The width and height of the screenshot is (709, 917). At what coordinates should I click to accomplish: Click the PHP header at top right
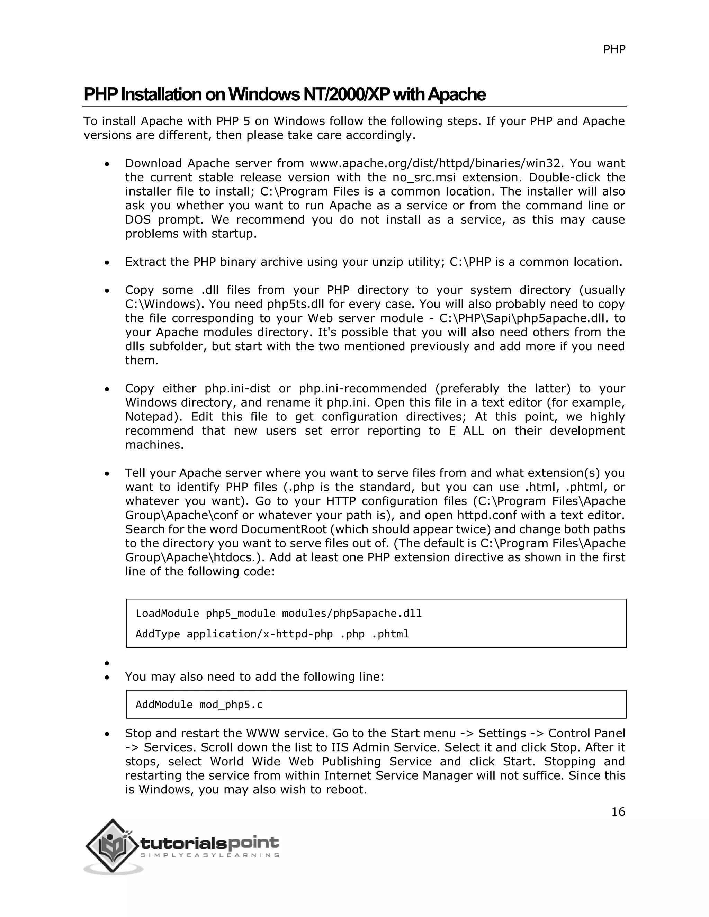coord(614,49)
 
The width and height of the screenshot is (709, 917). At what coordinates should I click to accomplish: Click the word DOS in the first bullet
coord(138,220)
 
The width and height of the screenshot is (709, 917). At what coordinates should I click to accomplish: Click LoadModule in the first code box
coord(167,614)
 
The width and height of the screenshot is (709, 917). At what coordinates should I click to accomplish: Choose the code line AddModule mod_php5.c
coord(199,704)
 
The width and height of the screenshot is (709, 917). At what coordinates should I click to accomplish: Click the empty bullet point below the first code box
coord(108,663)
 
